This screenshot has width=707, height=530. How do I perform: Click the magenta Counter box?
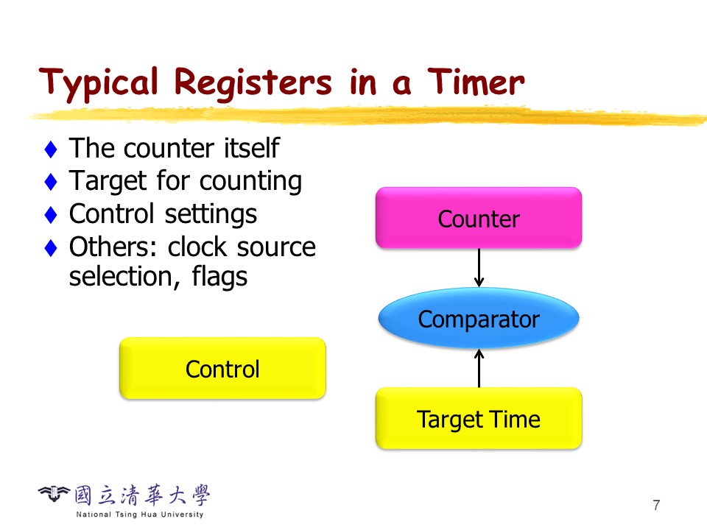(x=479, y=218)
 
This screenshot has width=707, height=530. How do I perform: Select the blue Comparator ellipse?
(x=479, y=318)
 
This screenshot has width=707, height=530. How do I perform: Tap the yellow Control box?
(x=222, y=368)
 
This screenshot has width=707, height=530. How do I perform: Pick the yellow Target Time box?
(x=479, y=419)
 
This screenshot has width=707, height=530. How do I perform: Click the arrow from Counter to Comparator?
(x=479, y=268)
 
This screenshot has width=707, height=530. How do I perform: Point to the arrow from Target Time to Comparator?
(x=479, y=368)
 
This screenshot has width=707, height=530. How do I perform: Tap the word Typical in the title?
(x=99, y=85)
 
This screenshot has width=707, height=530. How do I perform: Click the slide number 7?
(x=656, y=505)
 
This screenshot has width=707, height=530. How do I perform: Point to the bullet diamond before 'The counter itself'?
(x=51, y=149)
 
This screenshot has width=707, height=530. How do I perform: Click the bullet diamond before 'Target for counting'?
(x=51, y=182)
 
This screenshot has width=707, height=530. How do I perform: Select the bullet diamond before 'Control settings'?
(x=51, y=214)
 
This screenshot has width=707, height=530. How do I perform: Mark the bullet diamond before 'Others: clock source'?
(x=51, y=247)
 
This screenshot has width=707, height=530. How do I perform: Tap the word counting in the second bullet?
(x=250, y=182)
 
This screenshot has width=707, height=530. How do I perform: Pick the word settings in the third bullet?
(x=211, y=214)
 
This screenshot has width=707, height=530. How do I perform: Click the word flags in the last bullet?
(x=219, y=277)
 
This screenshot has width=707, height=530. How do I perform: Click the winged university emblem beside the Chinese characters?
(x=54, y=493)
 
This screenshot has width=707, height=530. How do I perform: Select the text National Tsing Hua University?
(x=140, y=515)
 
